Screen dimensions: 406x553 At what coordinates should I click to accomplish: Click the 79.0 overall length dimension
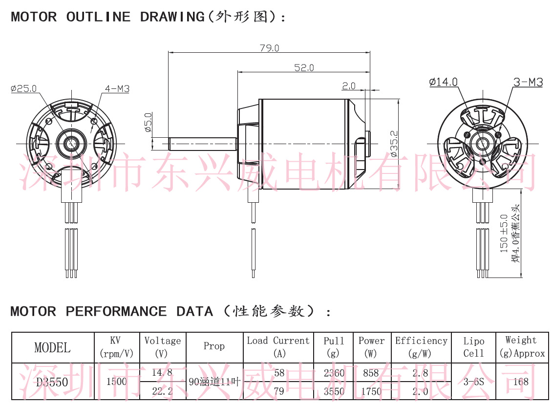[x=269, y=48]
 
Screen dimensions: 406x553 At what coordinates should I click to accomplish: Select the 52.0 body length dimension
[x=304, y=68]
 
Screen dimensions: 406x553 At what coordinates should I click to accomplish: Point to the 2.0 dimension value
[x=349, y=86]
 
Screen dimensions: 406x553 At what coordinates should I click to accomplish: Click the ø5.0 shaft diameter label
[x=148, y=123]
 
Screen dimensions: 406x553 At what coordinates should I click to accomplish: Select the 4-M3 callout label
[x=117, y=88]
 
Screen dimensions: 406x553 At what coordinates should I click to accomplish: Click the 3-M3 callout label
[x=528, y=82]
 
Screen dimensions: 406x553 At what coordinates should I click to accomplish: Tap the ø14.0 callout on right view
[x=443, y=82]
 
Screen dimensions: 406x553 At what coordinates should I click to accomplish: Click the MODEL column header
[x=52, y=347]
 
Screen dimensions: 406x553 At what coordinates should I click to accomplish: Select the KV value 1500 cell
[x=116, y=382]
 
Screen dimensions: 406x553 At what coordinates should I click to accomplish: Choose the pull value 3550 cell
[x=334, y=391]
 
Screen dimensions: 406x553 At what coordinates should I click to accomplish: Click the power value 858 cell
[x=371, y=373]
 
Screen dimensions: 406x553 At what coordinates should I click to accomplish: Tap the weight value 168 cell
[x=521, y=382]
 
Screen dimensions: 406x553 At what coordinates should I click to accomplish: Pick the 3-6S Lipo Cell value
[x=473, y=382]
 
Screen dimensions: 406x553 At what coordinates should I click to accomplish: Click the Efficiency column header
[x=421, y=347]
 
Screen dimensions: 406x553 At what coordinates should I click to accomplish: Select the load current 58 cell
[x=279, y=373]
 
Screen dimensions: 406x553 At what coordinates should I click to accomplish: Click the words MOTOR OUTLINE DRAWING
[x=107, y=17]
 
